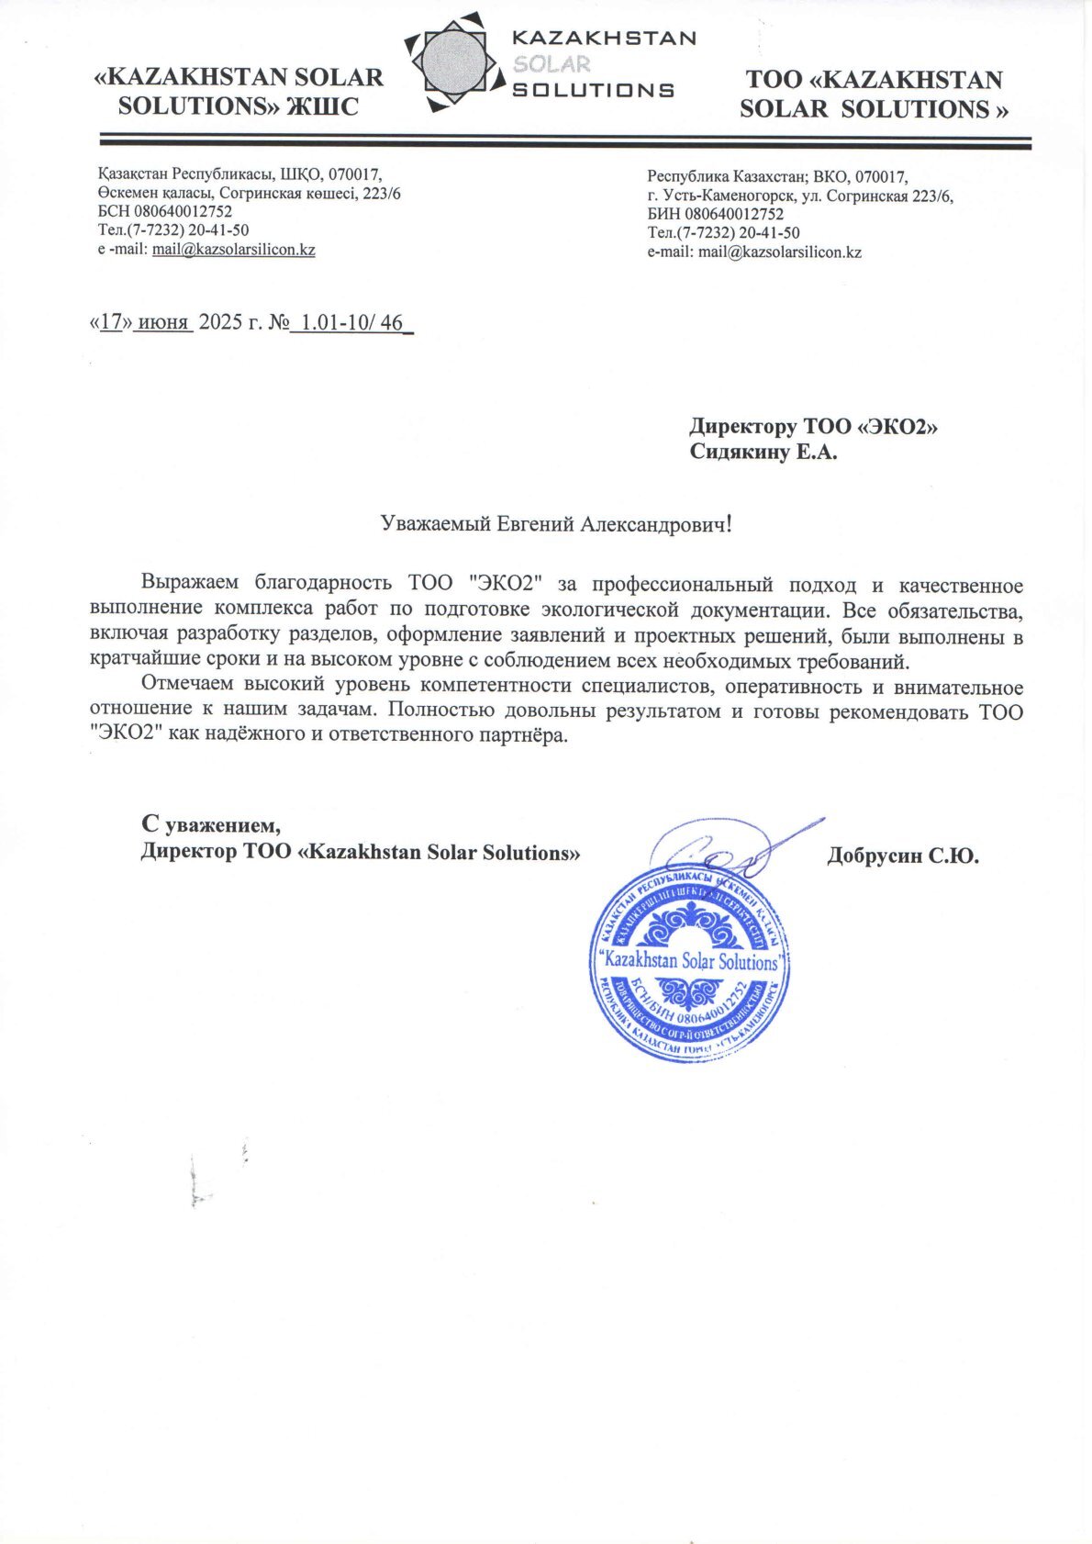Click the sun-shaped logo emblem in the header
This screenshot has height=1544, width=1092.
(456, 62)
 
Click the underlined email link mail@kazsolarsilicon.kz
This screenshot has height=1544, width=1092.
(233, 250)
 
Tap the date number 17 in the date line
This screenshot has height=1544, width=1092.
(111, 322)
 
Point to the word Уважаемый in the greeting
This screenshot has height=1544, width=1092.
(436, 524)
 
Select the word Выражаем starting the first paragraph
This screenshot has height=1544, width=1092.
(190, 584)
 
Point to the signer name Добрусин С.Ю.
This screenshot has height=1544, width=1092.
(902, 857)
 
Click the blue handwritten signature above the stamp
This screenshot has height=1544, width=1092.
(725, 849)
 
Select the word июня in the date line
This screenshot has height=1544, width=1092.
(162, 322)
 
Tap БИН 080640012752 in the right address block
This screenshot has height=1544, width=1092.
(715, 215)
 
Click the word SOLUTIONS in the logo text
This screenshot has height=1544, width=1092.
(592, 90)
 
